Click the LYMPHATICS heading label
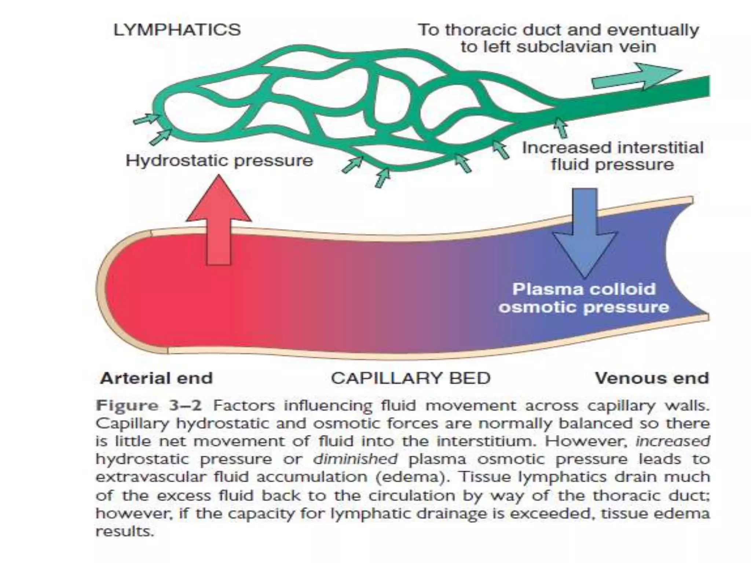pyautogui.click(x=177, y=30)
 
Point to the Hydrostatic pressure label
pyautogui.click(x=219, y=161)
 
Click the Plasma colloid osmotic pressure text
pyautogui.click(x=584, y=298)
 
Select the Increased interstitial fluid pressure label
pyautogui.click(x=612, y=156)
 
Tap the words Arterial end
pyautogui.click(x=156, y=378)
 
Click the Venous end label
pyautogui.click(x=652, y=378)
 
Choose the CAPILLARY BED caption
pyautogui.click(x=410, y=378)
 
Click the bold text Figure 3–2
pyautogui.click(x=149, y=406)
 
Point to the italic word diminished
pyautogui.click(x=355, y=459)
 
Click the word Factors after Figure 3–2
pyautogui.click(x=244, y=406)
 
